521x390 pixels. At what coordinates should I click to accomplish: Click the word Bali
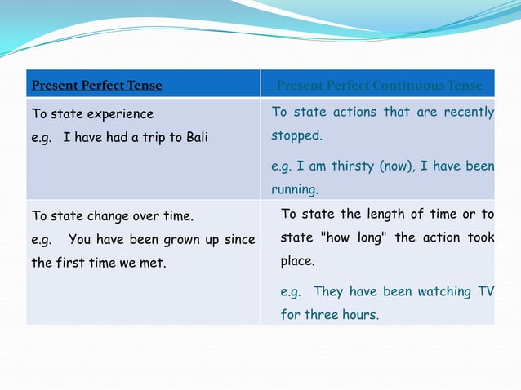(x=195, y=137)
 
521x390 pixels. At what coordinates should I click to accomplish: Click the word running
(x=294, y=189)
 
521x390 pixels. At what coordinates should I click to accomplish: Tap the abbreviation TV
(x=486, y=291)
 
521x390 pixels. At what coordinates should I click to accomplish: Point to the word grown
(x=176, y=240)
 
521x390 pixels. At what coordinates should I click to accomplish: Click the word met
(x=154, y=264)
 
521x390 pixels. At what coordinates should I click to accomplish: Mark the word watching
(x=444, y=291)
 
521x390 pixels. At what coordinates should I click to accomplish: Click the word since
(x=239, y=240)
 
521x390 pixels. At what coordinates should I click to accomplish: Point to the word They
(x=328, y=291)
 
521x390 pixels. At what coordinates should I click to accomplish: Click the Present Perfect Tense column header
(x=96, y=85)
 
